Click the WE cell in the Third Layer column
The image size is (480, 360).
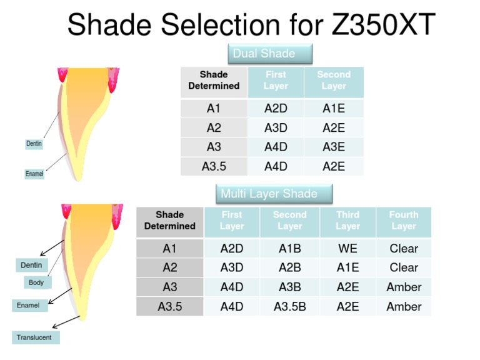tap(347, 248)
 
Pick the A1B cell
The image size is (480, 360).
tap(290, 248)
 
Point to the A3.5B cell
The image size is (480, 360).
tap(290, 306)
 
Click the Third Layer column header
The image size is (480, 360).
tap(347, 220)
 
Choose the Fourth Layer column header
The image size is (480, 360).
tap(404, 220)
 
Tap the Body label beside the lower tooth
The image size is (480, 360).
tap(36, 282)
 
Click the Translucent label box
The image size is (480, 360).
tap(34, 337)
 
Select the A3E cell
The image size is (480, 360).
tap(334, 147)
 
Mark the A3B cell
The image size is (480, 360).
tap(290, 287)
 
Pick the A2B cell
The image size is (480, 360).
tap(290, 267)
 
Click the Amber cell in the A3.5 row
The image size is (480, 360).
tap(404, 306)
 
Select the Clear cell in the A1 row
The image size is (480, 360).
tap(404, 248)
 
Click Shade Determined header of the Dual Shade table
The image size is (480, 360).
tap(214, 80)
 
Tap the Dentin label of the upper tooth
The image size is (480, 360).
tap(34, 144)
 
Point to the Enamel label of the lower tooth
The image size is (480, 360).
tap(28, 306)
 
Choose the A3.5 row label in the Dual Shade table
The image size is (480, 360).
tap(214, 166)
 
